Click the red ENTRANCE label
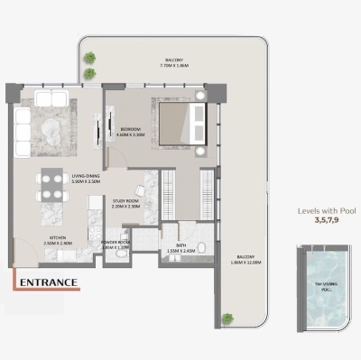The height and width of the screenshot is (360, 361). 46,282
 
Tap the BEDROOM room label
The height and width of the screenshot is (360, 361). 132,129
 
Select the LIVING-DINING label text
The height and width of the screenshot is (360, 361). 62,176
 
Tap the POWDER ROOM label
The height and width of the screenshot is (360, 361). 117,242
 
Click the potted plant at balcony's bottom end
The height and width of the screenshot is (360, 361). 225,318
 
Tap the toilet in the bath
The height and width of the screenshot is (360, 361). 203,248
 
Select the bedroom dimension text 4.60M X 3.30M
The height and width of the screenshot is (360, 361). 132,135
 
